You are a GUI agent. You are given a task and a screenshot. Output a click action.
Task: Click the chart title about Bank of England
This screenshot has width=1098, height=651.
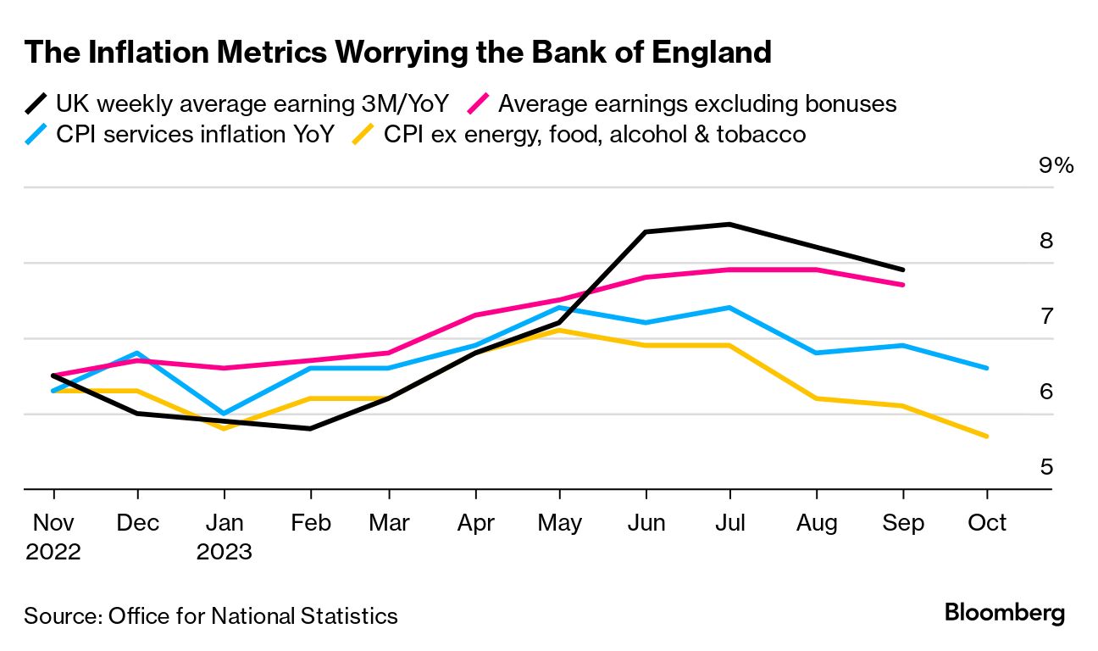(x=398, y=53)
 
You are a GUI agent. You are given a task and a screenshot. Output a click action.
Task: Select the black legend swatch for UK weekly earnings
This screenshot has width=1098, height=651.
(x=36, y=105)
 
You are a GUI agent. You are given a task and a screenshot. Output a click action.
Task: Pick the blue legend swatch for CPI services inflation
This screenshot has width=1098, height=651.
(x=36, y=135)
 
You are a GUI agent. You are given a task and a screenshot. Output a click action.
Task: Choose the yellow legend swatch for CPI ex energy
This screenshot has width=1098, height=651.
(x=363, y=135)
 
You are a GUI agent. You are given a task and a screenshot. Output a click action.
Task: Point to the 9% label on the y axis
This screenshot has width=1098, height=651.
(x=1056, y=165)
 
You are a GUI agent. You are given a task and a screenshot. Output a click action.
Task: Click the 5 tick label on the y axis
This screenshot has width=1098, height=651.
(x=1045, y=467)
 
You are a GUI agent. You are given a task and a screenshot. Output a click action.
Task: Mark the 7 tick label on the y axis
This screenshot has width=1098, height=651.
(x=1045, y=316)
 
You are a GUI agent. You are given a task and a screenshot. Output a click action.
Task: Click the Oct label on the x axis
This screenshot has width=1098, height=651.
(x=987, y=522)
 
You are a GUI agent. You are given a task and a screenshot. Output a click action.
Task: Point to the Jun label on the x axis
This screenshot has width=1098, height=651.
(x=646, y=522)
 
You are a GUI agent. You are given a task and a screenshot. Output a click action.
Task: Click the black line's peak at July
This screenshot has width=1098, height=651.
(x=730, y=224)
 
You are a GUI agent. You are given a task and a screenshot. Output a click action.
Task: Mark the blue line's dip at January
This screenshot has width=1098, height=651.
(x=224, y=414)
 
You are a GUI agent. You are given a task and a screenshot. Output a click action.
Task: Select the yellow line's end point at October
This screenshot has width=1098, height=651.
(x=987, y=437)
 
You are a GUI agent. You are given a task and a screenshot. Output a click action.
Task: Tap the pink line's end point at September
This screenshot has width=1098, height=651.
(x=903, y=285)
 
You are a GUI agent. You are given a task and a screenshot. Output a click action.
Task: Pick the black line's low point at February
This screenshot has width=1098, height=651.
(x=311, y=429)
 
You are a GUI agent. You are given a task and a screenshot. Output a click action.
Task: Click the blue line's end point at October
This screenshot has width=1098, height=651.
(x=987, y=368)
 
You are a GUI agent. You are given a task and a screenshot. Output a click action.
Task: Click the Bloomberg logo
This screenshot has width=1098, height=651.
(x=1005, y=613)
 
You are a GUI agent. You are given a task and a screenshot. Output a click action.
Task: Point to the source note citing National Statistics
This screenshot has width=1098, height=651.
(x=211, y=615)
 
